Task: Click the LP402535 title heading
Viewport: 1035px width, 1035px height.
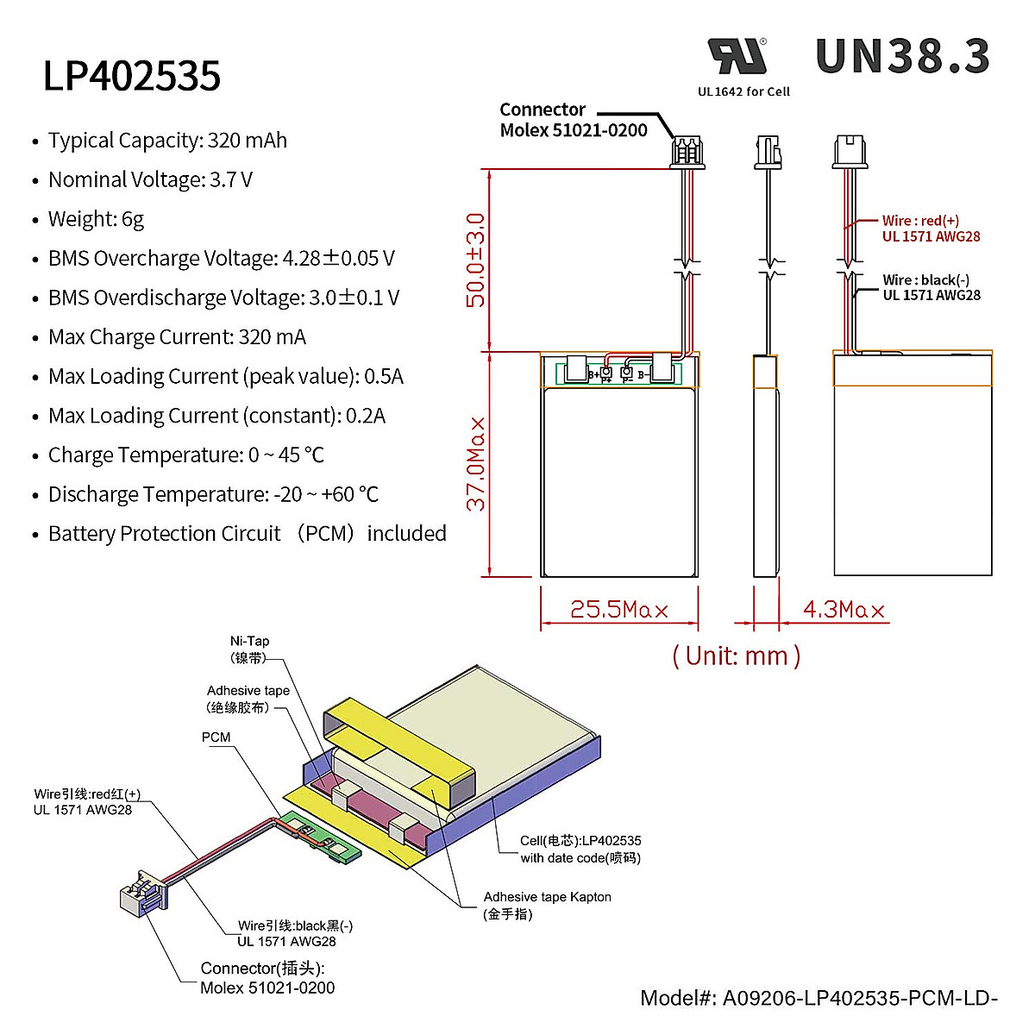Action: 132,76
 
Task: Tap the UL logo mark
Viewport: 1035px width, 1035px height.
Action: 737,57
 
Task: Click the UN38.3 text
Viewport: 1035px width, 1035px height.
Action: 902,57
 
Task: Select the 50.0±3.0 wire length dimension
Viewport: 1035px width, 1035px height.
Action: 475,260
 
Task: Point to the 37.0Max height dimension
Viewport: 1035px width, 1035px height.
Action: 476,464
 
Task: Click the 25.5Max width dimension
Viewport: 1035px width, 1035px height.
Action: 618,610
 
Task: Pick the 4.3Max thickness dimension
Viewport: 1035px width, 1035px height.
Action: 843,610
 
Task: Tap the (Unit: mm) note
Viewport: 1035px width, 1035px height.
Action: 736,655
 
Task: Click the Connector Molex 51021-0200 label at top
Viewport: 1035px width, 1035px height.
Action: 573,120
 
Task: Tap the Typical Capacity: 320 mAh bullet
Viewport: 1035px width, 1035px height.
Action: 167,141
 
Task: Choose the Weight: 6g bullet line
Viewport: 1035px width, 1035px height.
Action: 96,219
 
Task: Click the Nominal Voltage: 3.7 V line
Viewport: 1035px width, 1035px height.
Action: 150,180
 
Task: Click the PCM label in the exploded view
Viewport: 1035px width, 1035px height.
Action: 216,737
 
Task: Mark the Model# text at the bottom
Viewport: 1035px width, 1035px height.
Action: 818,998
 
